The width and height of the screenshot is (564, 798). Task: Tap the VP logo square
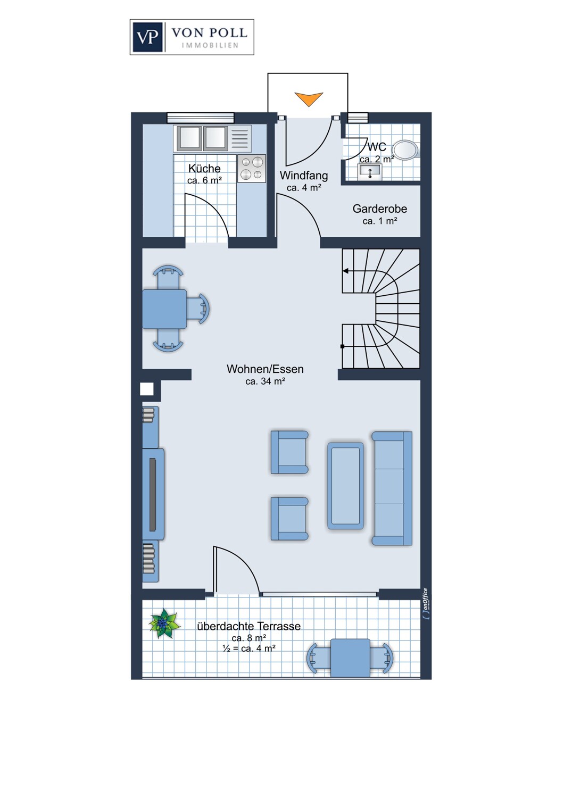[x=148, y=37]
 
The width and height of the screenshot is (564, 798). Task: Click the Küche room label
[x=204, y=168]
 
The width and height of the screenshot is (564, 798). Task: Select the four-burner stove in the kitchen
[x=252, y=169]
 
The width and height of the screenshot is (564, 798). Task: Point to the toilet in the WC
[x=407, y=149]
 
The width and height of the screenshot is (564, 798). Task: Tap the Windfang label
[x=304, y=175]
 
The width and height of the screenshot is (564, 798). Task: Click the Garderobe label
[x=380, y=209]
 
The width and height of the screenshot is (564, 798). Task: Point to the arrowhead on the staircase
[x=346, y=271]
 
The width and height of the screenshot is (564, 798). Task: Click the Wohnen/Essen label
[x=265, y=369]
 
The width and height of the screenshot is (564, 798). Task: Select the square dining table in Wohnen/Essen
[x=164, y=309]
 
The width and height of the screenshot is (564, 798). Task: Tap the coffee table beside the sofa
[x=346, y=486]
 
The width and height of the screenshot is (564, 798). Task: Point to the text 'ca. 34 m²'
[x=265, y=381]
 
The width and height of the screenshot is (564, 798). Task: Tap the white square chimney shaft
[x=147, y=389]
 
